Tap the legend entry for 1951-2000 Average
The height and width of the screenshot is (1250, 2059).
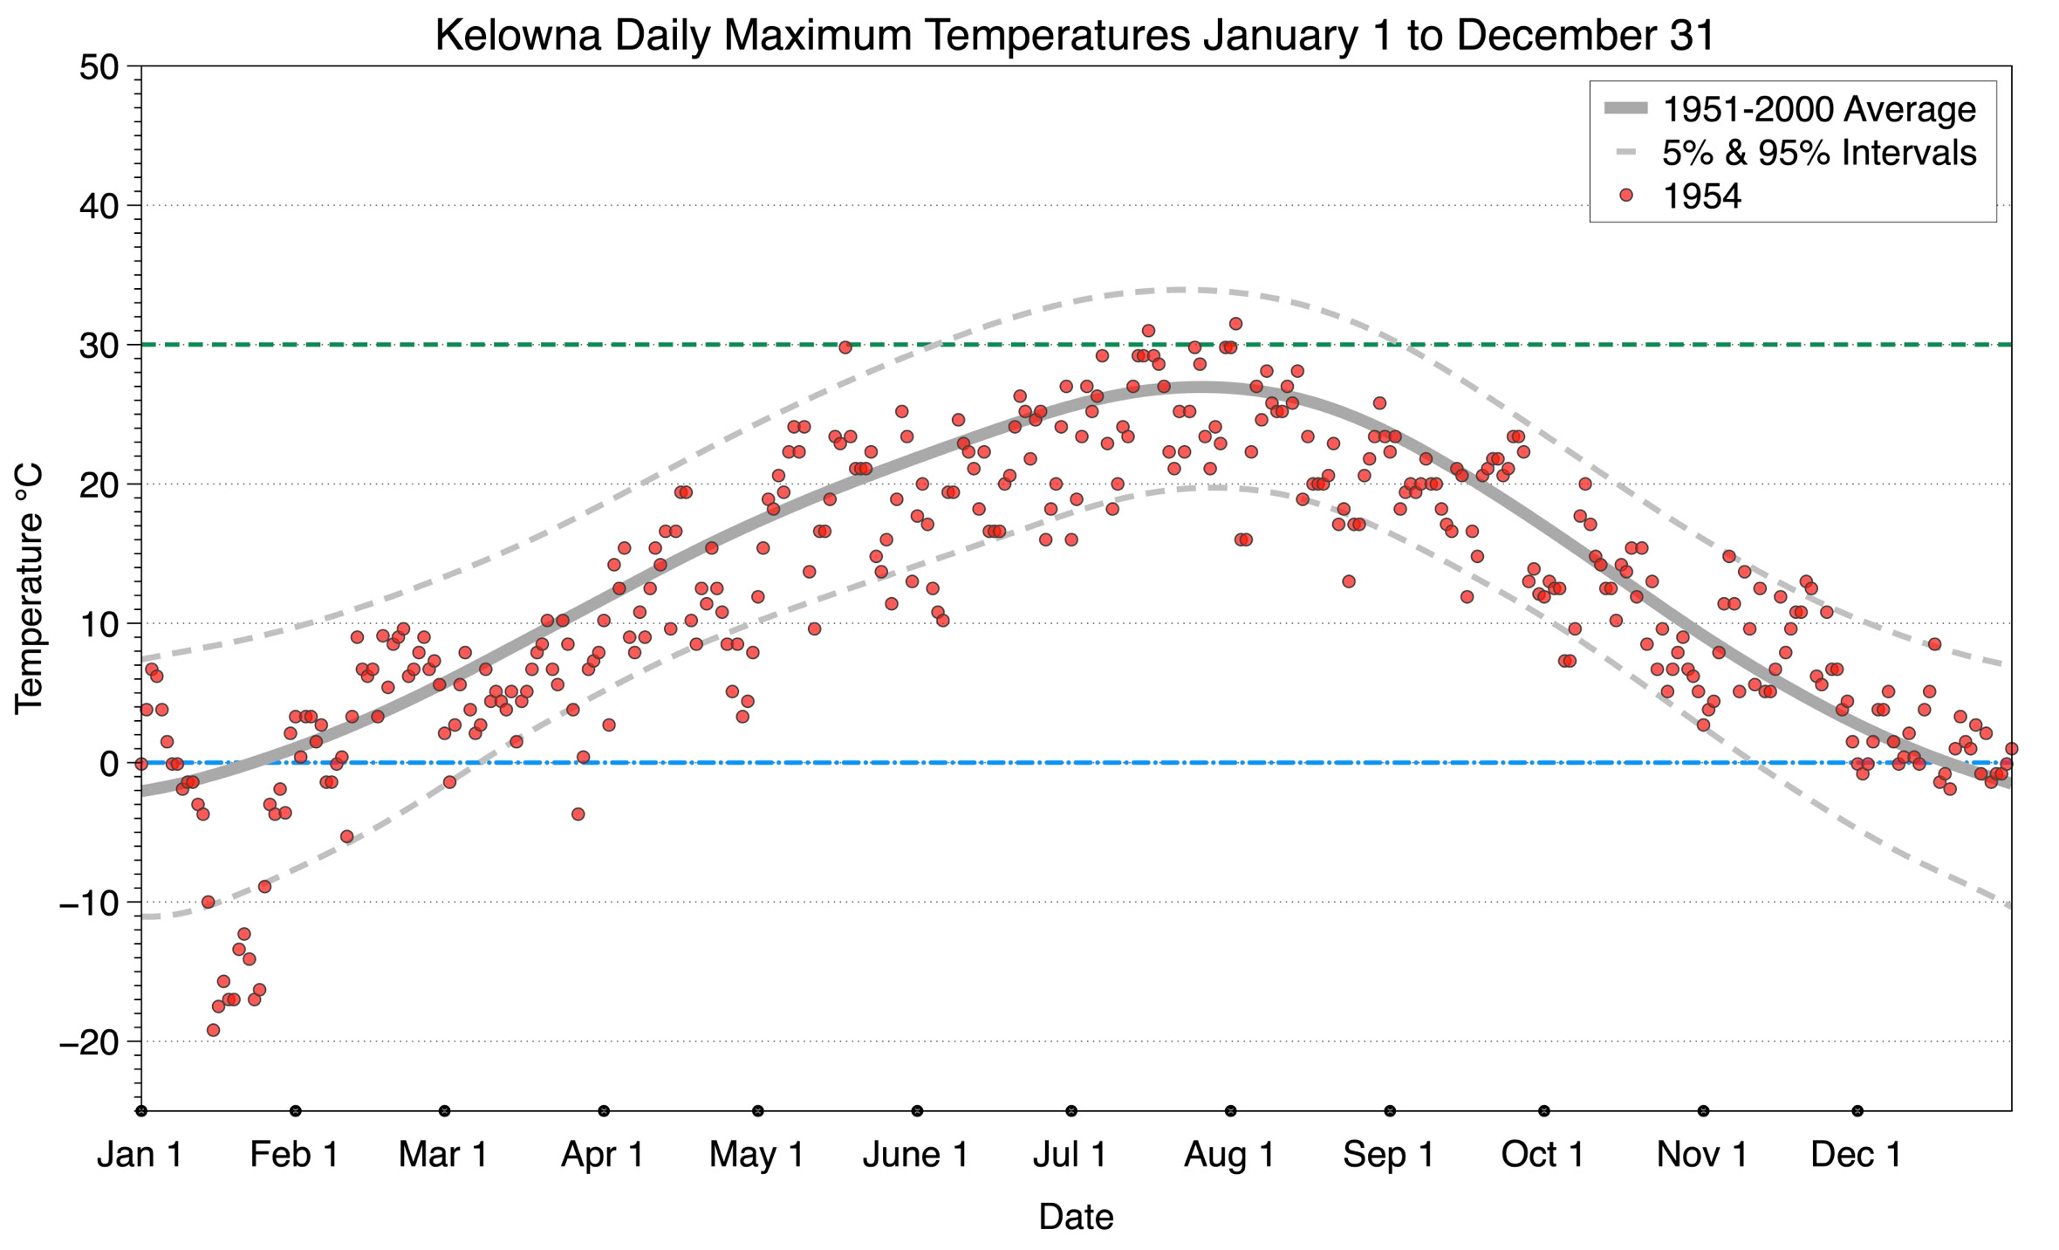(1818, 109)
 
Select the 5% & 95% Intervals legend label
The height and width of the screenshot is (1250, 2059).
(1818, 153)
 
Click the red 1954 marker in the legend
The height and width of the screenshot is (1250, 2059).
(1625, 196)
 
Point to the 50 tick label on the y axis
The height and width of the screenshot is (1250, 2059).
(99, 67)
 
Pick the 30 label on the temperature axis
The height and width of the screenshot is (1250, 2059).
(99, 346)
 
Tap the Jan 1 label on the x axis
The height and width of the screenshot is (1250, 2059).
(140, 1155)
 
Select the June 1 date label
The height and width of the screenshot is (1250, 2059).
(915, 1155)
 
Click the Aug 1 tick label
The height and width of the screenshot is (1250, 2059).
(1229, 1155)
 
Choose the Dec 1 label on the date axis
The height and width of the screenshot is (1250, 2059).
(1856, 1155)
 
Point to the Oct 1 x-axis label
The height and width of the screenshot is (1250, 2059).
(1543, 1155)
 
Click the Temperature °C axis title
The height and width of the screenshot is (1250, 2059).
(29, 588)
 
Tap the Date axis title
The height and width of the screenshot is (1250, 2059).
(1076, 1217)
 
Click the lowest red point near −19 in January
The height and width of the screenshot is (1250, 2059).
(213, 1030)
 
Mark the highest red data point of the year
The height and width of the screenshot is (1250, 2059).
(1235, 324)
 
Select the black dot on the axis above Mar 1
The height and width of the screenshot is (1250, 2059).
(445, 1111)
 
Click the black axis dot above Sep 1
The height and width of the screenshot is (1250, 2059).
(1390, 1111)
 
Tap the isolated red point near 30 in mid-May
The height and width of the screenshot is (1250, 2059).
(845, 347)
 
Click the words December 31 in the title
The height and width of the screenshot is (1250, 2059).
(1585, 36)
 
